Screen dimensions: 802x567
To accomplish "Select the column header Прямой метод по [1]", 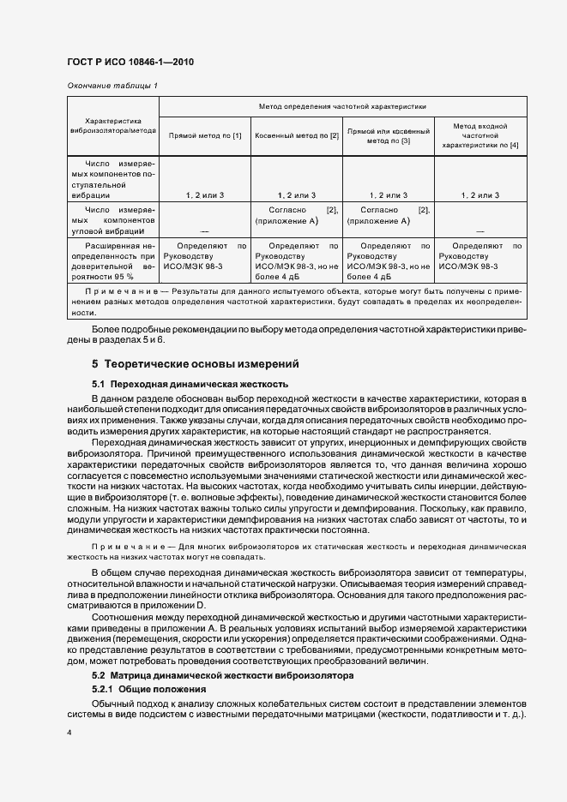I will point(205,135).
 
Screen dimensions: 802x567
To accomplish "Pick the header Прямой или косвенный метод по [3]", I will point(389,135).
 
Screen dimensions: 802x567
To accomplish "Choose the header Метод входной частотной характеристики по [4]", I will point(479,135).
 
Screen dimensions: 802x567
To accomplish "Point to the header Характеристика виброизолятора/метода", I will point(113,126).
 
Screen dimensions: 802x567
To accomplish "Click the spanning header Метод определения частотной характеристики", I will point(341,106).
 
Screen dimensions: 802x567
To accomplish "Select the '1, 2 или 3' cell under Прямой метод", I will point(205,195).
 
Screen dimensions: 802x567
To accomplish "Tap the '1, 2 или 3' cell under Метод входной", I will point(479,195).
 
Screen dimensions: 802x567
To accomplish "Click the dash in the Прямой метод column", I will point(205,231).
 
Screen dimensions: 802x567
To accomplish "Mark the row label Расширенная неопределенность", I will point(113,261).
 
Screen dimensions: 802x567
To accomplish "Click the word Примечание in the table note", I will point(109,292).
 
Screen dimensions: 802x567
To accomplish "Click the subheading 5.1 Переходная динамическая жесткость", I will point(190,384).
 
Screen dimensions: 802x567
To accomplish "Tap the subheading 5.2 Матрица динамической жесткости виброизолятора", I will point(221,675).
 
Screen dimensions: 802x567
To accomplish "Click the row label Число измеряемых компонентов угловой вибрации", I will point(113,219).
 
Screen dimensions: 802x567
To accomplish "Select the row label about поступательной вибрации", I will point(113,178).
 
